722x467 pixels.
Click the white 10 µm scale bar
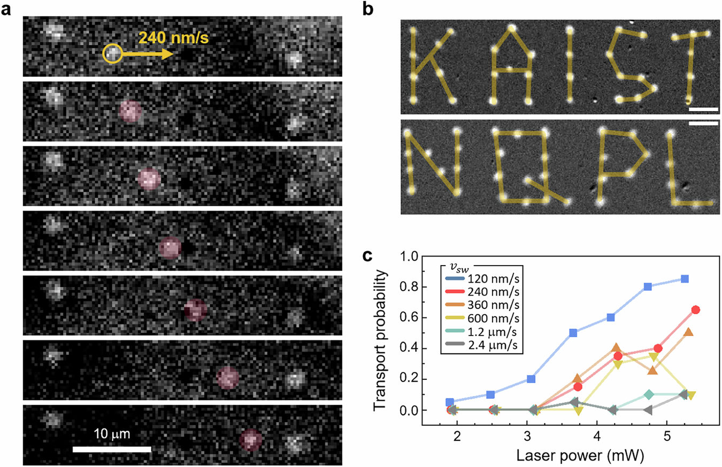112,449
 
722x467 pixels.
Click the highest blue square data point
685,279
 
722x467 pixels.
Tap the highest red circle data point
696,310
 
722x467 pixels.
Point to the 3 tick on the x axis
527,437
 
